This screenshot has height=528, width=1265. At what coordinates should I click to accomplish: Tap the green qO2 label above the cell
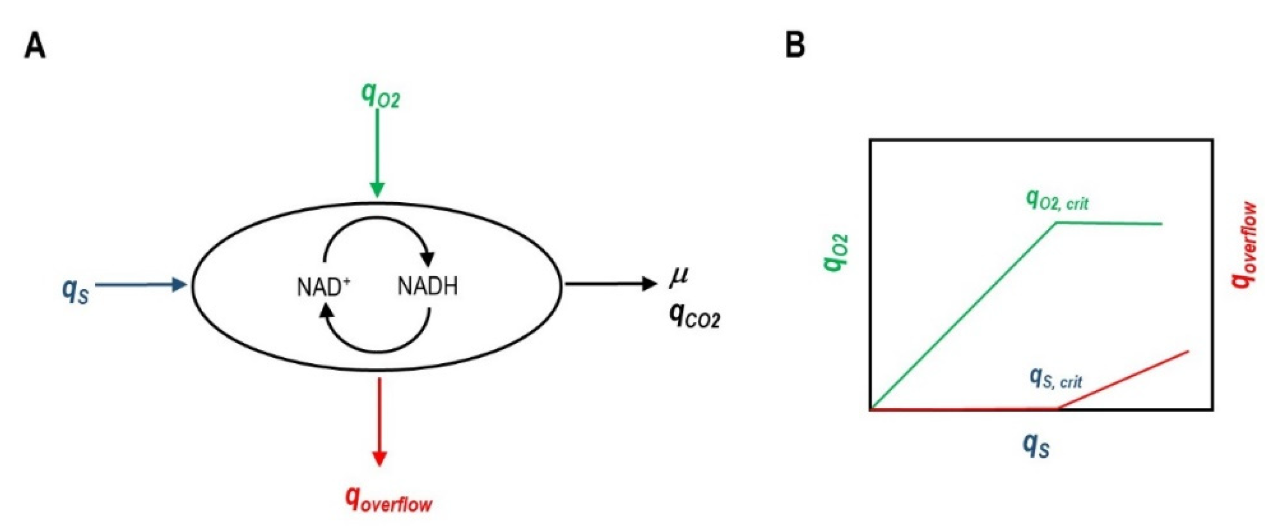point(380,95)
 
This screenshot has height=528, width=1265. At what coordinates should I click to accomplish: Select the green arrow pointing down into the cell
point(377,152)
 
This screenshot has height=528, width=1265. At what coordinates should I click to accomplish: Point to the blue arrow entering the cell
point(140,284)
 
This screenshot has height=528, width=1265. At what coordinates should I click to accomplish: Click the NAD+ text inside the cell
point(324,287)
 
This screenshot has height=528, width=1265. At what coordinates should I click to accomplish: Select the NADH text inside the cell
point(427,286)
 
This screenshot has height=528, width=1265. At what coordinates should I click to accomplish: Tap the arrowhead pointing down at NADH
point(428,257)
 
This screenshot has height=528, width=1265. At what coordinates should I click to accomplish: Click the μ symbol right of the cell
point(679,276)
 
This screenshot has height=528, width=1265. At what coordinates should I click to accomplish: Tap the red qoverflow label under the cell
point(388,500)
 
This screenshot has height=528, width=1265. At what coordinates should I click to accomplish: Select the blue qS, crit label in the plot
point(1055,379)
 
